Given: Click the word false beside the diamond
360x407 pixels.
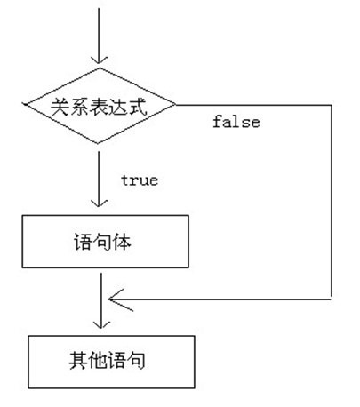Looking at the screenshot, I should point(236,123).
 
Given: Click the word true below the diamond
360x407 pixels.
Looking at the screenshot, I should point(139,180).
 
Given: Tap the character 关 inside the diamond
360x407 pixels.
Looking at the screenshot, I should point(59,108).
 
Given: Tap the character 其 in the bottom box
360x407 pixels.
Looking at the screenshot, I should point(76,361).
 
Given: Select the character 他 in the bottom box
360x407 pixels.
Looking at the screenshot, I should point(96,361).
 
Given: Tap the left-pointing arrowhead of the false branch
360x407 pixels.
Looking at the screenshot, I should point(110,298).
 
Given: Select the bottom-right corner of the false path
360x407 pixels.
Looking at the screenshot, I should point(331,298).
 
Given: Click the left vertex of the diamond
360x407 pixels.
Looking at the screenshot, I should point(23,108).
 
